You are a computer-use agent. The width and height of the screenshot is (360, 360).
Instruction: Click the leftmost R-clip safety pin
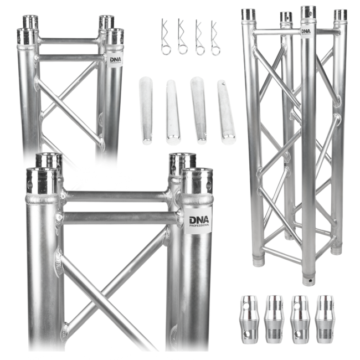tap(165, 37)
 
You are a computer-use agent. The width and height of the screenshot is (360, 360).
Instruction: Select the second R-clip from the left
tap(182, 37)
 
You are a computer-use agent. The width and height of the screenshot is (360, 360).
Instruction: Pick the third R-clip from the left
tap(199, 37)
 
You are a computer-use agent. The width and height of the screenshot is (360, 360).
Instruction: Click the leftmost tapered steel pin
tap(146, 111)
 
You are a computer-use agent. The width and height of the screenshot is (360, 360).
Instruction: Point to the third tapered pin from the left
tap(198, 110)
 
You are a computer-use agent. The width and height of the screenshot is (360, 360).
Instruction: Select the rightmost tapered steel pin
tap(225, 111)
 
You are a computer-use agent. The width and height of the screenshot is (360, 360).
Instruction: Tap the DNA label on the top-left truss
tap(115, 59)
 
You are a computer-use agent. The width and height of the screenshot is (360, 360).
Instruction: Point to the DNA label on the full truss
tap(306, 31)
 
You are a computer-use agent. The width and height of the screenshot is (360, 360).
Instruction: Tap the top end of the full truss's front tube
tap(308, 12)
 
